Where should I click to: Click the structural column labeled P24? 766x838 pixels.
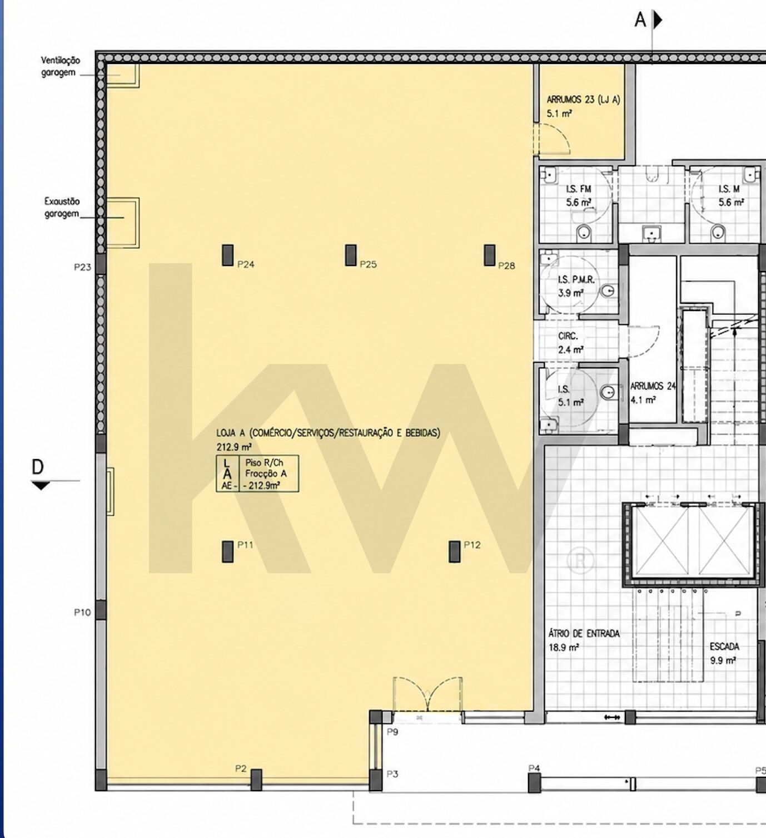click(227, 255)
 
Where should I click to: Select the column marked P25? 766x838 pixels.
click(351, 255)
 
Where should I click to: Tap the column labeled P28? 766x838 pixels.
click(490, 255)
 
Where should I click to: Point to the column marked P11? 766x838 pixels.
click(227, 551)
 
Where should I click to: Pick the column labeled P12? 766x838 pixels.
click(455, 551)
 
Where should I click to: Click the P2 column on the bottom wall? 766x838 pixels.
click(256, 780)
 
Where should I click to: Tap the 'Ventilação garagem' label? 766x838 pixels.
click(61, 66)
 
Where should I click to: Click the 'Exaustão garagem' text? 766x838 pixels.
click(62, 208)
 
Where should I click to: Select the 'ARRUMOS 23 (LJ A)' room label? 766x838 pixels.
click(583, 100)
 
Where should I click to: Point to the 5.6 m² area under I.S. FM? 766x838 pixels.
click(579, 203)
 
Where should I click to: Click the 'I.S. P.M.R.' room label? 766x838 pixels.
click(576, 280)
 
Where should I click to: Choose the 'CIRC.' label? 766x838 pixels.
click(568, 336)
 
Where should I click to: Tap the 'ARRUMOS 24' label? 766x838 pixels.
click(653, 386)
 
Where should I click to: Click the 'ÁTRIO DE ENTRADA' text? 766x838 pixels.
click(584, 633)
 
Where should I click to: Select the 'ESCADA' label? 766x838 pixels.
click(724, 647)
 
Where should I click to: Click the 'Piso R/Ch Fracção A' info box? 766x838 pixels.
click(257, 474)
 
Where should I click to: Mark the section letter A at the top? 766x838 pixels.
click(640, 19)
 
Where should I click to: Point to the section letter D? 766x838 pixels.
click(38, 467)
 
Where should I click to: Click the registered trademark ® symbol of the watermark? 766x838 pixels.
click(581, 561)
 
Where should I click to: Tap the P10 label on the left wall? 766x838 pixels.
click(82, 613)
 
